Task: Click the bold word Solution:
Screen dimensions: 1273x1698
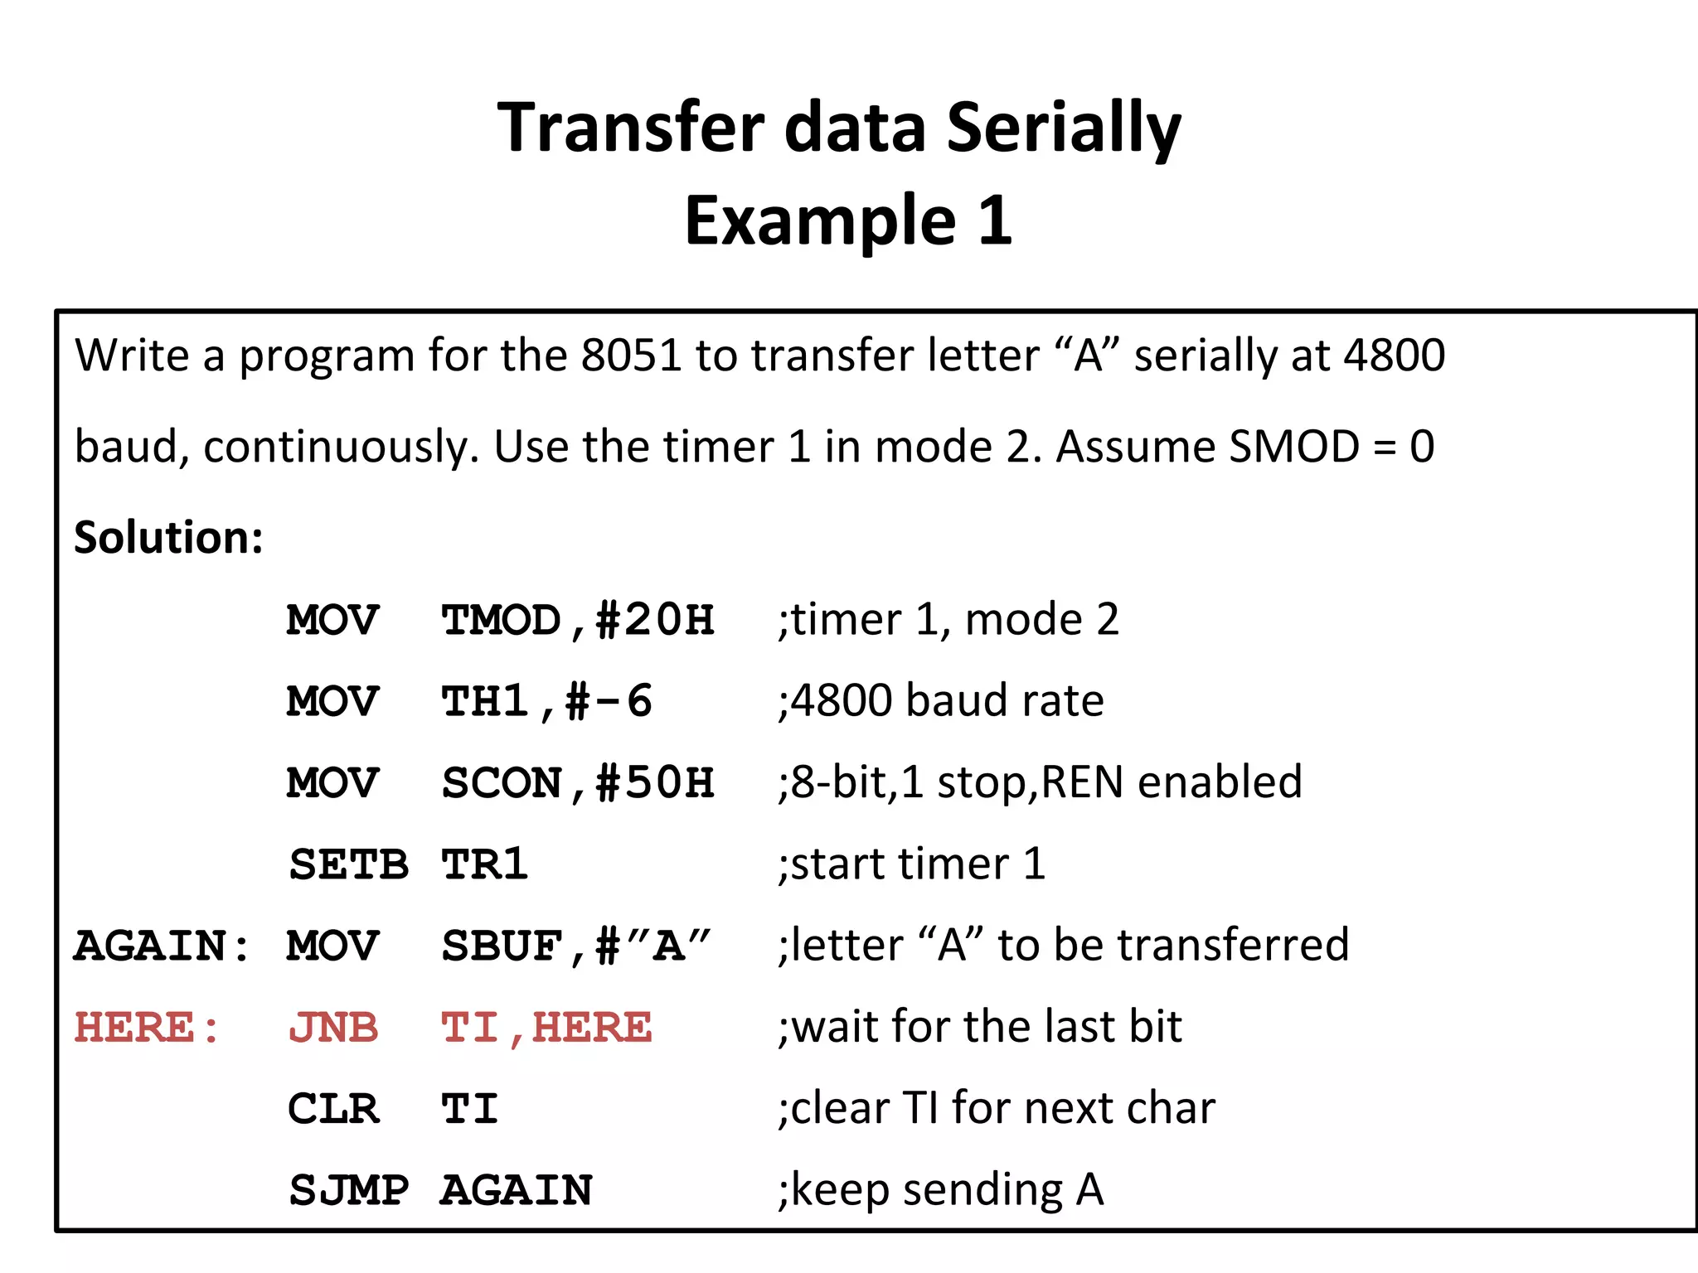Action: [168, 538]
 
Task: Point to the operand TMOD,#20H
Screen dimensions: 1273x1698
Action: [577, 620]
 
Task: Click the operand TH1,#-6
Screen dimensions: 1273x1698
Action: [546, 701]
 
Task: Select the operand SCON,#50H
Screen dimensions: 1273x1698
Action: [577, 782]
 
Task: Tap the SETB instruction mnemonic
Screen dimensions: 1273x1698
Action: [348, 864]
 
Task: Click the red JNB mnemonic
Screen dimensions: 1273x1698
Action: [333, 1028]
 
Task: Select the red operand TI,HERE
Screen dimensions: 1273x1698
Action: [546, 1028]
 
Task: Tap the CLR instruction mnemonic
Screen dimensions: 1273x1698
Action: [333, 1109]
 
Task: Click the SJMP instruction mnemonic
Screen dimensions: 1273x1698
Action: [348, 1190]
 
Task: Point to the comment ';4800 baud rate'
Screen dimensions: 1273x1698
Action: [940, 701]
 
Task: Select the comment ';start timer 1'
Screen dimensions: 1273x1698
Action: [911, 864]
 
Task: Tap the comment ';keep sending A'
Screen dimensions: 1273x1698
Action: [940, 1190]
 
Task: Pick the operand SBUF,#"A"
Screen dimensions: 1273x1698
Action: [575, 946]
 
